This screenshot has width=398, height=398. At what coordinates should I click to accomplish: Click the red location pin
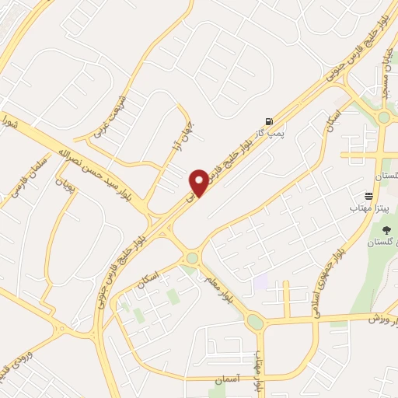point(199,182)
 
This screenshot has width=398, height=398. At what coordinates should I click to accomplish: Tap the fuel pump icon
point(269,120)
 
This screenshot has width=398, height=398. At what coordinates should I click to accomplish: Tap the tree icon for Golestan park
point(386,230)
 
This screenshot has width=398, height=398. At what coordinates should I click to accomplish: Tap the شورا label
point(9,124)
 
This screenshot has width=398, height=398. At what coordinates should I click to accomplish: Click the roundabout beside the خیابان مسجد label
point(384,118)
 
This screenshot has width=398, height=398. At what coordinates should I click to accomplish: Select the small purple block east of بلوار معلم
point(260,281)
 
